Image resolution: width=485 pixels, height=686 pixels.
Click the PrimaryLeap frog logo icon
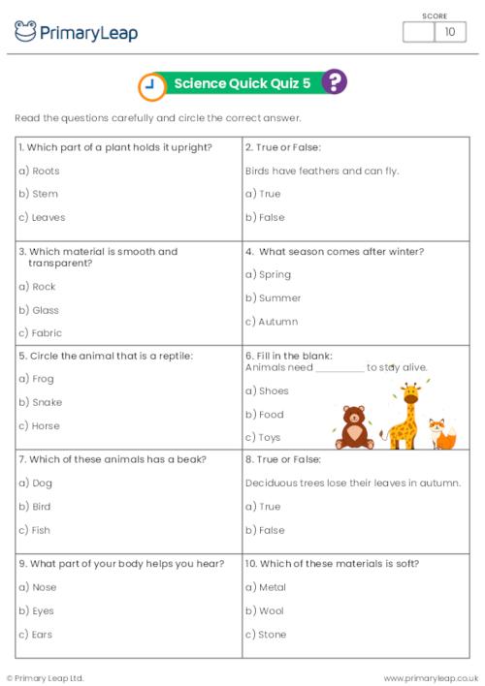point(25,32)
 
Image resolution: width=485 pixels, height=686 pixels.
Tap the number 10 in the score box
point(449,32)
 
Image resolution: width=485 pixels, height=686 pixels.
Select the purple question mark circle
point(334,82)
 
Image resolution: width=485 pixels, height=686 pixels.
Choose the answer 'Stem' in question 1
point(45,194)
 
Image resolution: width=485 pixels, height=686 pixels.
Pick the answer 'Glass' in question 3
point(46,310)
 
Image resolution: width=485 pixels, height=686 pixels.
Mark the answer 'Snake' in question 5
point(47,402)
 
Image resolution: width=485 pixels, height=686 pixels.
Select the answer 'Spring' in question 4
point(275,274)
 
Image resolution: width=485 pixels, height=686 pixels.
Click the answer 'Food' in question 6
point(271,414)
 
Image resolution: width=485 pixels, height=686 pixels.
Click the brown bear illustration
point(353,427)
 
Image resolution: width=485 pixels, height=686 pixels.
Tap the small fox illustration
point(443,434)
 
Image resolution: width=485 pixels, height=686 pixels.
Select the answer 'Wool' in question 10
point(271,610)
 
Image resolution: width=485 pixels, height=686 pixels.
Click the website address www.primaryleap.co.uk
point(431,677)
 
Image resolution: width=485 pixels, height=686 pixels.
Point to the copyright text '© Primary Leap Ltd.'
point(46,677)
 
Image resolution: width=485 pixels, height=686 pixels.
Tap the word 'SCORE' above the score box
point(435,15)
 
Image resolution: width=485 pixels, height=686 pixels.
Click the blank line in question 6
point(339,368)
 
